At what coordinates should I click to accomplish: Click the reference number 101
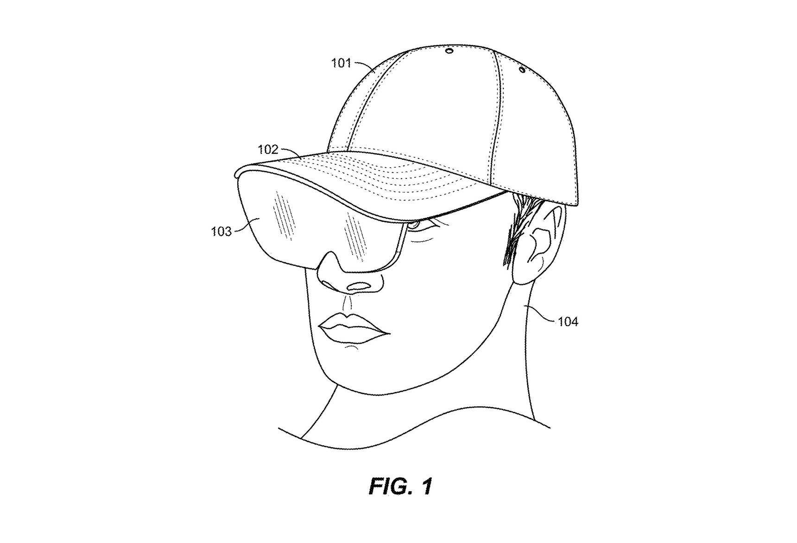(342, 63)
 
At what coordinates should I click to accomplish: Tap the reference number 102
(268, 150)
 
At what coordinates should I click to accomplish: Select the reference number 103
(221, 231)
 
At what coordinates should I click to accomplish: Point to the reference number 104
(568, 321)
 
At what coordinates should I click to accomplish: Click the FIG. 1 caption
(401, 487)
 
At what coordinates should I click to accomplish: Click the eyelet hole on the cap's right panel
(522, 70)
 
